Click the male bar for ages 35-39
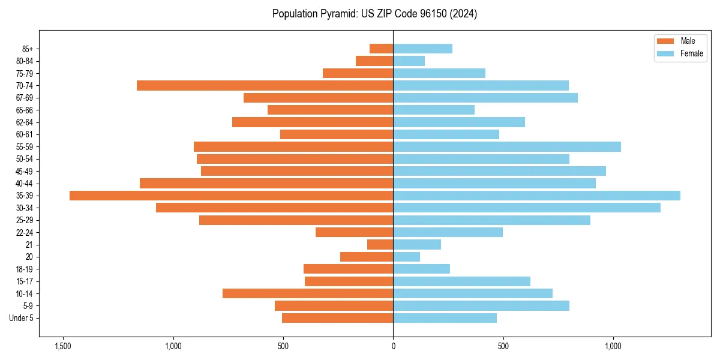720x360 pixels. [x=231, y=196]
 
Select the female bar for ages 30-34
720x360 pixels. [x=527, y=208]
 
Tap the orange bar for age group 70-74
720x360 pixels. [x=265, y=86]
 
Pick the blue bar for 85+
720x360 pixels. [x=422, y=49]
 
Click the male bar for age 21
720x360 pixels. [x=380, y=245]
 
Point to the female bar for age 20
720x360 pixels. [x=406, y=257]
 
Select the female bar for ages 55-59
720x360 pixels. [x=507, y=147]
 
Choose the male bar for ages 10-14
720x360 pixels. [x=308, y=293]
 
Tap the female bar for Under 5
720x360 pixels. [x=445, y=318]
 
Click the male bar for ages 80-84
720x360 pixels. [x=374, y=61]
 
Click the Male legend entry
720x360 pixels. [x=678, y=41]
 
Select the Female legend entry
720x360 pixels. [x=679, y=53]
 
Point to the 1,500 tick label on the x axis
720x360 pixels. [x=62, y=346]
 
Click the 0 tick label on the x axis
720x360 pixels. [x=393, y=346]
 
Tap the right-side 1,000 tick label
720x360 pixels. [x=613, y=346]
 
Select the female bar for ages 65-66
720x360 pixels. [x=434, y=110]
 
